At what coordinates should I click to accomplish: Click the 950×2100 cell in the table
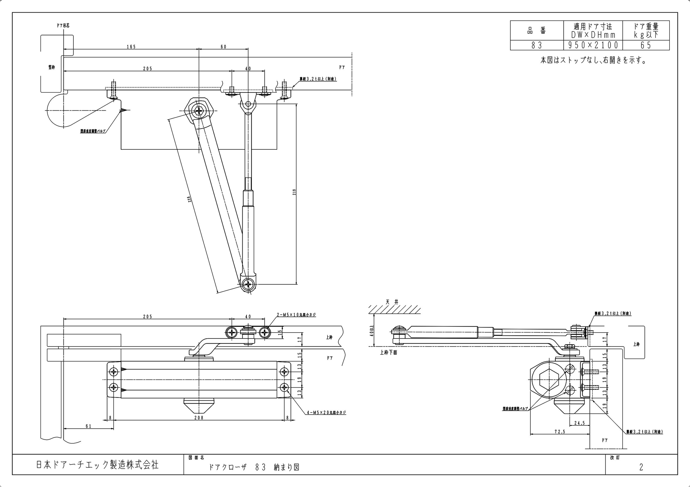(593, 45)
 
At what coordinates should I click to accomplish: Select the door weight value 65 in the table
(646, 45)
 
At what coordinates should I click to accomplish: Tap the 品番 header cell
(537, 30)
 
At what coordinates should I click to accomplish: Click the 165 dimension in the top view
(131, 47)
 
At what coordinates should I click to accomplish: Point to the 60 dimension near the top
(223, 47)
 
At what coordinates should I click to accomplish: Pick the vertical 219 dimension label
(294, 192)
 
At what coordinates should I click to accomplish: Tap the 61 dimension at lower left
(88, 426)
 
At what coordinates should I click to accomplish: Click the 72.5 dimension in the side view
(560, 432)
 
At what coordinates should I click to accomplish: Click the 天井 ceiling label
(392, 302)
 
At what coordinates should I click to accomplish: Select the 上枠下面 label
(388, 353)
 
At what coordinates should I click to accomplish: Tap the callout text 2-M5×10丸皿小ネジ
(296, 315)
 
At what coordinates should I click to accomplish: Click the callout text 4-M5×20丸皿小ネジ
(326, 413)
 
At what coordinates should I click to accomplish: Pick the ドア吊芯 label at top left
(63, 26)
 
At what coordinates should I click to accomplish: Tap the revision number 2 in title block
(641, 467)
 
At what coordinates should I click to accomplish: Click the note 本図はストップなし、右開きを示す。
(593, 60)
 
